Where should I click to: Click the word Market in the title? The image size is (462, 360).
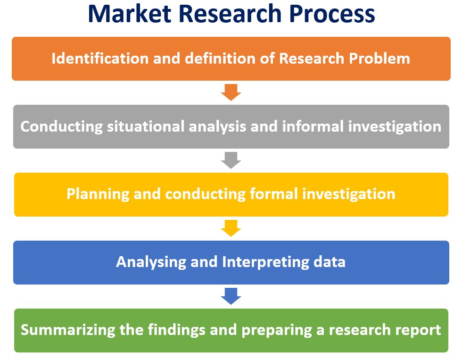[x=130, y=14]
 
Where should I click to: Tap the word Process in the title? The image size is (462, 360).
[x=332, y=14]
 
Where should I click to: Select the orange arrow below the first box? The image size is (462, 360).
[x=231, y=92]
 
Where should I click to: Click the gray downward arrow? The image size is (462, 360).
[x=231, y=160]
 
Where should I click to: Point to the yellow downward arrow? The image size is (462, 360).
[x=231, y=228]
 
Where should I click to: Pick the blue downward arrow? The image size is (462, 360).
[x=231, y=296]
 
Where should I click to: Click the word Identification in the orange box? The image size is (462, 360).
[x=100, y=58]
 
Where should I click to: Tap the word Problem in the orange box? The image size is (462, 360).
[x=379, y=58]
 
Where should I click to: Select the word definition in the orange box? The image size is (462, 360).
[x=220, y=58]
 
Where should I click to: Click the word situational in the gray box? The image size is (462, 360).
[x=146, y=126]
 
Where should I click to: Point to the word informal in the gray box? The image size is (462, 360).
[x=313, y=126]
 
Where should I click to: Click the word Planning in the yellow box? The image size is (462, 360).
[x=98, y=194]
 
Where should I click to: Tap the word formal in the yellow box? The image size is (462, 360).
[x=274, y=194]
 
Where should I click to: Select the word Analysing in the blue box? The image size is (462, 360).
[x=151, y=262]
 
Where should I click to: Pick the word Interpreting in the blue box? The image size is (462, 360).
[x=265, y=262]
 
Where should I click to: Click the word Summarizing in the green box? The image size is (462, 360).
[x=68, y=330]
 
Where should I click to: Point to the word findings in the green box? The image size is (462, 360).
[x=176, y=330]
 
